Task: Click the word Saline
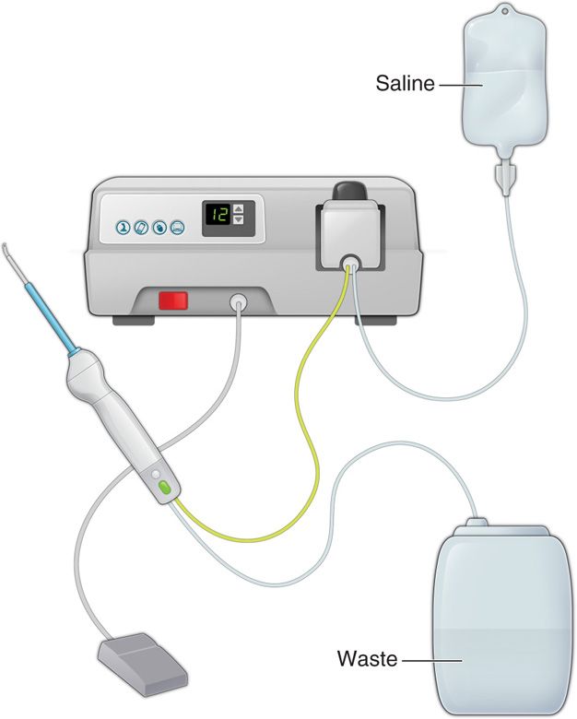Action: click(x=405, y=84)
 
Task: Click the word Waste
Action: click(x=368, y=658)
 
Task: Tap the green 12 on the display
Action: click(x=218, y=214)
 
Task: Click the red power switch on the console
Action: click(x=173, y=301)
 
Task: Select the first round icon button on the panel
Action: click(x=123, y=228)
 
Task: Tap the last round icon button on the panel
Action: click(x=178, y=228)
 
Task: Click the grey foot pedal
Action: click(x=143, y=665)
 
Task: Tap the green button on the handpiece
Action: click(x=165, y=488)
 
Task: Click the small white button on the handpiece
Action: click(x=156, y=474)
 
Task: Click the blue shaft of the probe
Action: click(x=49, y=317)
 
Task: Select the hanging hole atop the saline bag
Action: click(x=505, y=9)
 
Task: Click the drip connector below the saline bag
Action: click(x=505, y=176)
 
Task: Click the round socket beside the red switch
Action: click(x=238, y=302)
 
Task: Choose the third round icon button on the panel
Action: click(x=159, y=228)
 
